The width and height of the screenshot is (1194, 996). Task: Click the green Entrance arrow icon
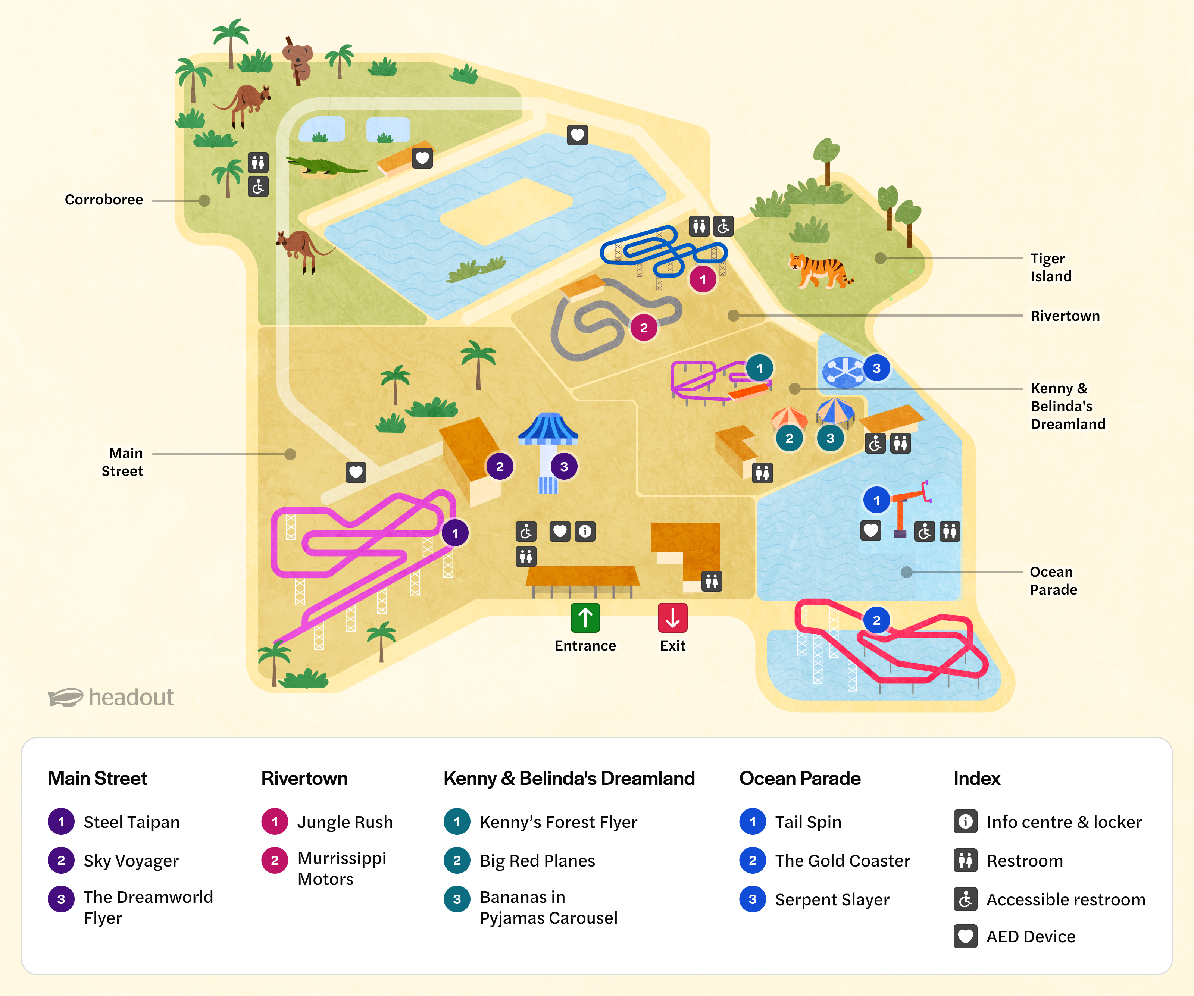(x=585, y=617)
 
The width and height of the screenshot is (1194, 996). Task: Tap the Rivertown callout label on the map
(x=1065, y=316)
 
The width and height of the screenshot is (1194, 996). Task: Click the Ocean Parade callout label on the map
(x=1053, y=580)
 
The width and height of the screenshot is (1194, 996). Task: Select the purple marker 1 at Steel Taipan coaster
(x=455, y=533)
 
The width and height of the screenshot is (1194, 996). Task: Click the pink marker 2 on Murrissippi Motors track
(x=644, y=328)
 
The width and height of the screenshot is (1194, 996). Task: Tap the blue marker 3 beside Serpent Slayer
(x=876, y=368)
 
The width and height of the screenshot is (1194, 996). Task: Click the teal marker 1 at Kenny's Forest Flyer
(x=759, y=368)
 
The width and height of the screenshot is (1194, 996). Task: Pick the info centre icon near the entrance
(x=585, y=531)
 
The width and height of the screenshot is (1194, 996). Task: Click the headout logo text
(x=131, y=697)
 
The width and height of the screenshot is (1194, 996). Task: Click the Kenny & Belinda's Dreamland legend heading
(x=569, y=778)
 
